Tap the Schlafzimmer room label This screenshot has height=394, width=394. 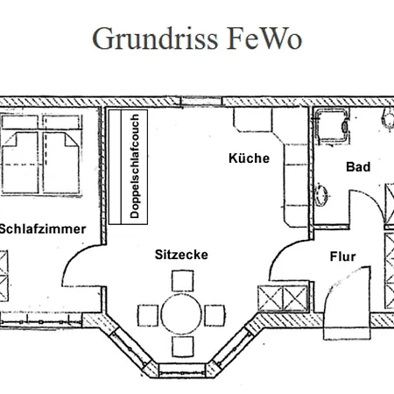(42, 229)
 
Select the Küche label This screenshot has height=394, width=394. (249, 158)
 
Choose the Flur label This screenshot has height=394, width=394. (341, 257)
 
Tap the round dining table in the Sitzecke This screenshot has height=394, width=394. (182, 312)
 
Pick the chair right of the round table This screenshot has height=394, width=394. (216, 312)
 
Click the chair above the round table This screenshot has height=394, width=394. (182, 281)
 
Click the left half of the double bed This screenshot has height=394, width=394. (22, 149)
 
